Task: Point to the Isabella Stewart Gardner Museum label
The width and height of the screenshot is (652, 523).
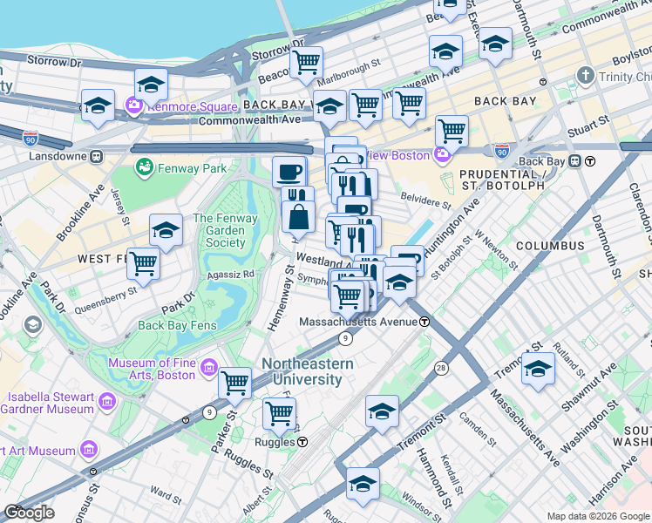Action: coord(48,402)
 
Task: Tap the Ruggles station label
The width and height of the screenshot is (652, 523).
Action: coord(282,441)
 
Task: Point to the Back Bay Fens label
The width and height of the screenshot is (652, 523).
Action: coord(175,325)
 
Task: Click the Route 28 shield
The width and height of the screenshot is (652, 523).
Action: coord(441,369)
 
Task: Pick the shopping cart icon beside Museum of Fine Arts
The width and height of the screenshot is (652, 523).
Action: coord(234,382)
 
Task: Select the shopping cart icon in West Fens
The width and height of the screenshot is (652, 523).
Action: coord(143,262)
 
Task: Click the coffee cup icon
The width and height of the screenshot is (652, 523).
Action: coord(289,171)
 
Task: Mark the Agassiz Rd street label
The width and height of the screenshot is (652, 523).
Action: coord(230,273)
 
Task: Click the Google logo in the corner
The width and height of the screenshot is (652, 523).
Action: coord(30,513)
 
